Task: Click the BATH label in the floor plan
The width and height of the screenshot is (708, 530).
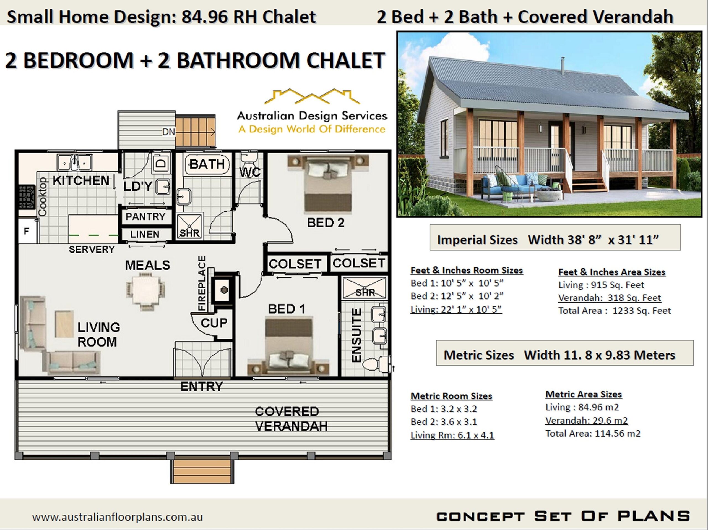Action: (207, 164)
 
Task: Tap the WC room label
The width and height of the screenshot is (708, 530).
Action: (250, 172)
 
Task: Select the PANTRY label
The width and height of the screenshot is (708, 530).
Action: (145, 217)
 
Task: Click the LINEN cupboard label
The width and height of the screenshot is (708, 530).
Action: (145, 234)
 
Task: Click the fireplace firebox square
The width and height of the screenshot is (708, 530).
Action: (223, 290)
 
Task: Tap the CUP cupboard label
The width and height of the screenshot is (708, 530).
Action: (214, 323)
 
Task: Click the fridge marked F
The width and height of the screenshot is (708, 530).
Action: (27, 231)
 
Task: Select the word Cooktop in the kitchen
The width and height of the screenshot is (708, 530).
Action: (43, 197)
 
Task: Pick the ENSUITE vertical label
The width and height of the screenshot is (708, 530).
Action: (356, 335)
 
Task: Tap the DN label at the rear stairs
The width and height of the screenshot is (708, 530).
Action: (169, 132)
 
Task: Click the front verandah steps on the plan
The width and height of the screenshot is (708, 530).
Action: (202, 471)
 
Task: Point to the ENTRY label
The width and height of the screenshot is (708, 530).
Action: (201, 387)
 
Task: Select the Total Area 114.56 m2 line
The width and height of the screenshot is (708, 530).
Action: (593, 434)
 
